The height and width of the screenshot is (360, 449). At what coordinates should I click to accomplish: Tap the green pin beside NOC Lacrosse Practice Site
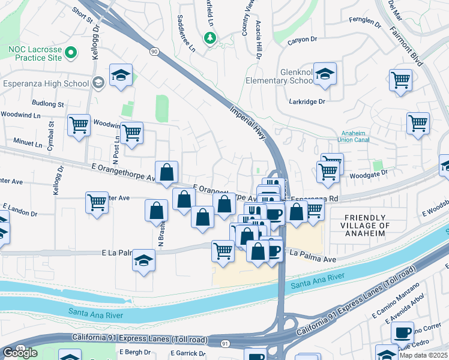point(71,53)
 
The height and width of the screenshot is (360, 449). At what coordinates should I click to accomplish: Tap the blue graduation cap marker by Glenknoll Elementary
point(325,74)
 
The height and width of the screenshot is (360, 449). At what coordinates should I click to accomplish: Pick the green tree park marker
point(209,38)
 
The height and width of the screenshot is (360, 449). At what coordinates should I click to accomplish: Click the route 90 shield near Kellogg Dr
point(155,52)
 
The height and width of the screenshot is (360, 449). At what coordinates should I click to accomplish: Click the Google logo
point(20,353)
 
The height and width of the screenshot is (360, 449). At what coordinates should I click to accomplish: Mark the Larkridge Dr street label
point(306,102)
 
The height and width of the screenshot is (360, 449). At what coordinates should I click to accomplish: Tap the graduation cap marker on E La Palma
point(143,260)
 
